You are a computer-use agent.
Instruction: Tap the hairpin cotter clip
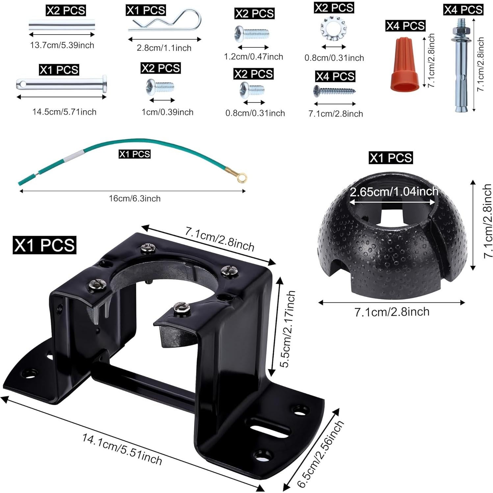[x=165, y=20]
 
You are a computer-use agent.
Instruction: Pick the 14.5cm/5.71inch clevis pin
[x=62, y=84]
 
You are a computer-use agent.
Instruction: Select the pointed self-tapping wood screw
[x=334, y=91]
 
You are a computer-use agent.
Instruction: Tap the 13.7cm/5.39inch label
[x=62, y=45]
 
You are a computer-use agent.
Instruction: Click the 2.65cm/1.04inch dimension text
[x=394, y=191]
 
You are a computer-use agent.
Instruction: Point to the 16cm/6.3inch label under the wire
[x=135, y=198]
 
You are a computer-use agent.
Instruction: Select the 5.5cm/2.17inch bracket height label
[x=287, y=329]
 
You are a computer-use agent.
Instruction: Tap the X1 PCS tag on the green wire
[x=134, y=154]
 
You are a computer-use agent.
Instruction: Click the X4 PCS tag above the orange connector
[x=405, y=26]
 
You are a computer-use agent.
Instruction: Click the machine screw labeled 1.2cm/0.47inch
[x=252, y=34]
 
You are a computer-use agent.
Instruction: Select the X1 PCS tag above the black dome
[x=391, y=158]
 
